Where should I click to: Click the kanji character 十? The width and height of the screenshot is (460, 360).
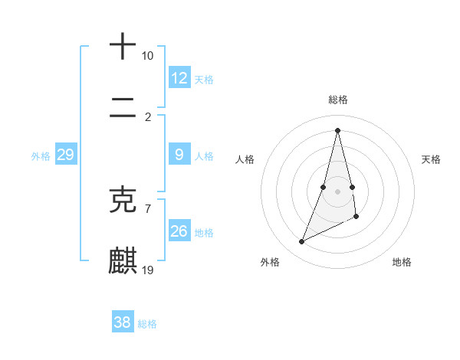[x=123, y=47]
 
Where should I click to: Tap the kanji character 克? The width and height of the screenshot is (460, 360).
[x=123, y=200]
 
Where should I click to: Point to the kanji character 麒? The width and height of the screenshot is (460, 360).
[x=123, y=260]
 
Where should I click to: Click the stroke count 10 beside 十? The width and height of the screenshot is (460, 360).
[x=147, y=56]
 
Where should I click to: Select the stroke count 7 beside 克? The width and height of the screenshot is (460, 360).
[x=147, y=208]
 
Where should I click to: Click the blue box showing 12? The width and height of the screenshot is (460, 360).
[x=179, y=78]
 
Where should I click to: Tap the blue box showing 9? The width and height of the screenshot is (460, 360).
[x=179, y=155]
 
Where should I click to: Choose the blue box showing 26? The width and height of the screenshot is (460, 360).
[x=179, y=231]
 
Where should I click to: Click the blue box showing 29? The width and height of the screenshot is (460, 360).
[x=65, y=155]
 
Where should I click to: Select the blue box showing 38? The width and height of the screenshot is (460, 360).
[x=123, y=322]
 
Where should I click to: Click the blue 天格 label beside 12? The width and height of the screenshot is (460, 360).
[x=204, y=80]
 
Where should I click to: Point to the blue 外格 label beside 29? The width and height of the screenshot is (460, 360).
[x=41, y=156]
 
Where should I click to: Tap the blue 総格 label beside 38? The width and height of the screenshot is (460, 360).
[x=147, y=324]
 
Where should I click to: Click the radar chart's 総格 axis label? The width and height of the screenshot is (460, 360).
[x=338, y=100]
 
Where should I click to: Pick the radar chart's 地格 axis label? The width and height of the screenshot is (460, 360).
[x=402, y=262]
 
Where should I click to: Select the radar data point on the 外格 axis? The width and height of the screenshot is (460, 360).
[x=301, y=242]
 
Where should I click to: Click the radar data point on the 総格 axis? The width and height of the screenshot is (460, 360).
[x=338, y=129]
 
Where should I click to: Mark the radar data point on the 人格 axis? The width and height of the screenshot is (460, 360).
[x=324, y=187]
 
